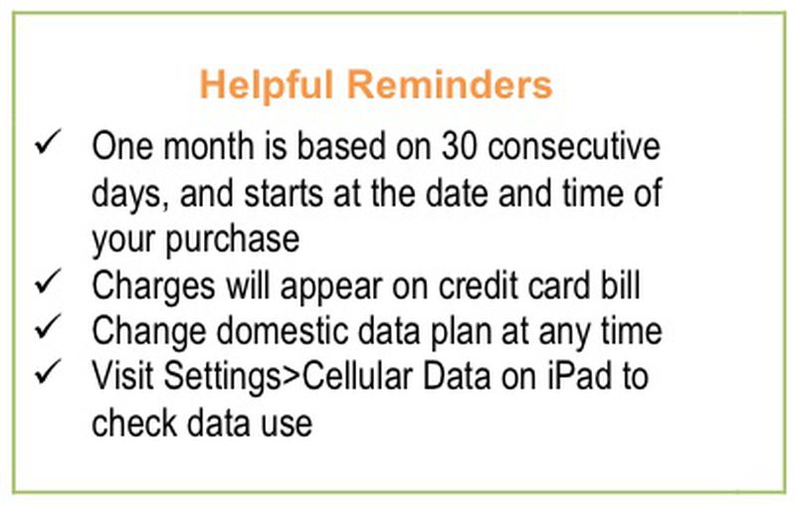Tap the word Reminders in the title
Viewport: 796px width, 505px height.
[450, 84]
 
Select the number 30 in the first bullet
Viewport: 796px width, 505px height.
[460, 146]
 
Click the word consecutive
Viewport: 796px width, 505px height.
[574, 146]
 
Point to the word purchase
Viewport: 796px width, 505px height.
[232, 241]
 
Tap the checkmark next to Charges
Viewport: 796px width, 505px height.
[48, 281]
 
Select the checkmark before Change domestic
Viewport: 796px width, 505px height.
[48, 326]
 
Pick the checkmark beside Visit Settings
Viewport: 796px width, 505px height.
[48, 372]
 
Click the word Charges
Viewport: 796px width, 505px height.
[153, 287]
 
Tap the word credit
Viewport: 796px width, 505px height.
[479, 285]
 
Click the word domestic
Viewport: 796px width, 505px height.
[283, 331]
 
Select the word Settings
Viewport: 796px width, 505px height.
[222, 378]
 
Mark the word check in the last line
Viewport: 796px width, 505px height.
[134, 422]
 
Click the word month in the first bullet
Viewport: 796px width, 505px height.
[209, 146]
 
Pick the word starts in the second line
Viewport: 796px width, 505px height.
[284, 193]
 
